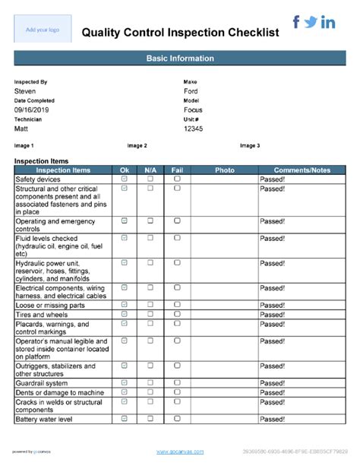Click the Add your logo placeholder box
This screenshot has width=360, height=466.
(43, 30)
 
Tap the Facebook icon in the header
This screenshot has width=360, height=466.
(296, 22)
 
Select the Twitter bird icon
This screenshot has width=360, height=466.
(311, 23)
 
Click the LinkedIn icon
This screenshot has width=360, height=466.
(328, 23)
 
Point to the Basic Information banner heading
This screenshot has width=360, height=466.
(180, 59)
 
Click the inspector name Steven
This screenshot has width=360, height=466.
(25, 91)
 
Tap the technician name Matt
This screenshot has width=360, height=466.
(22, 129)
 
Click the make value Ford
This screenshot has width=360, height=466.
(191, 91)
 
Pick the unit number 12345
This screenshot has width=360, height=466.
(194, 129)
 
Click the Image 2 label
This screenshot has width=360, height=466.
(137, 145)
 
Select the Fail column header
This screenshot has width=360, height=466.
(177, 170)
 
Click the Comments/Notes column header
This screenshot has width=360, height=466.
(302, 170)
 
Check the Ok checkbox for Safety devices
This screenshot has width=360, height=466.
(125, 179)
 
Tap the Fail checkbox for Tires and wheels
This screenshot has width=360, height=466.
(177, 314)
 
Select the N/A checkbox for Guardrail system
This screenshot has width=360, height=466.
(150, 382)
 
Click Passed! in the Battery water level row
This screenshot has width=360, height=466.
(273, 419)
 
